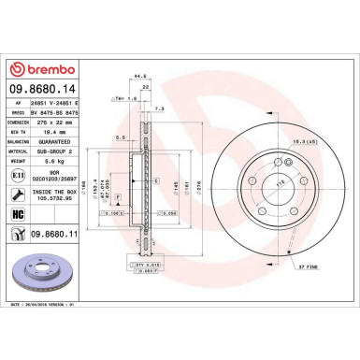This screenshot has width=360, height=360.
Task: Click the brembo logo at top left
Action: (46, 71)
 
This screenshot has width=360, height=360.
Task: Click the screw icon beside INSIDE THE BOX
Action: (16, 194)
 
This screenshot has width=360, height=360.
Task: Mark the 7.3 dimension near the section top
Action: (161, 108)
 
